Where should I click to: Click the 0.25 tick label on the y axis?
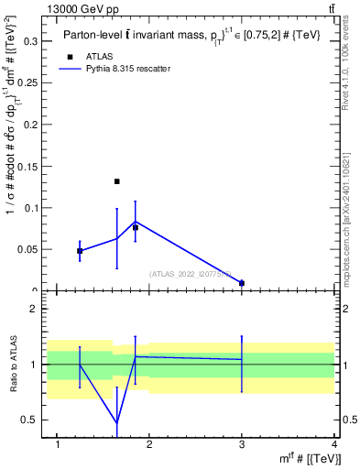click(x=28, y=82)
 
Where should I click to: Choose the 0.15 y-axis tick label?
click(x=28, y=166)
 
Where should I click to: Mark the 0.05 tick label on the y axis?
click(x=28, y=249)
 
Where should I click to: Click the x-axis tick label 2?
click(x=150, y=445)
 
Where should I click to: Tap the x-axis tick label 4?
click(x=333, y=445)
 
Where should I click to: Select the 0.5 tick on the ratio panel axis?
click(x=30, y=420)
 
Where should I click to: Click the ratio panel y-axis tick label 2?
click(x=34, y=309)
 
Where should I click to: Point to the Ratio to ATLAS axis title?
click(x=12, y=364)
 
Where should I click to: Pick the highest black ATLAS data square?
click(x=117, y=181)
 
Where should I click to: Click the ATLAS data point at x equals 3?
click(x=242, y=283)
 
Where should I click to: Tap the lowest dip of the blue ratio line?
click(x=117, y=423)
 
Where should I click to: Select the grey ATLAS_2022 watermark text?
click(x=192, y=273)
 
